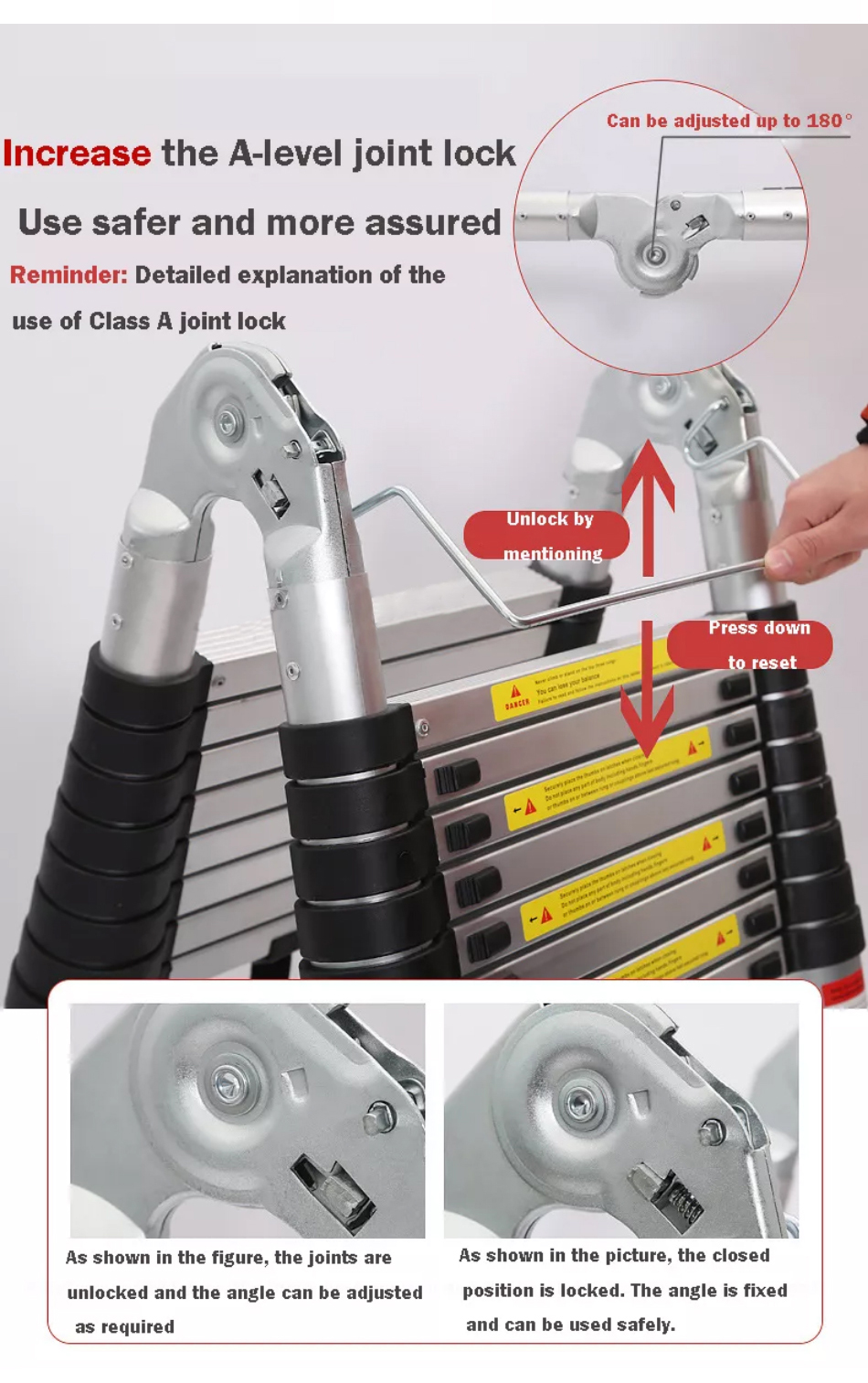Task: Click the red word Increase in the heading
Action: coord(77,154)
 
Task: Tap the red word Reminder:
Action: coord(69,275)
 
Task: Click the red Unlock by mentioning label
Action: coord(548,535)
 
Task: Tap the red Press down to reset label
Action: coord(755,644)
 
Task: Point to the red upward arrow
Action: coord(648,503)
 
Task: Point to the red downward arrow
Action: coord(647,695)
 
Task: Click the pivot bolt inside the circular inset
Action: coord(653,254)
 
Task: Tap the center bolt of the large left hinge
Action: coord(228,422)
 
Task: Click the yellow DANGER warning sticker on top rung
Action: coord(517,697)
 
